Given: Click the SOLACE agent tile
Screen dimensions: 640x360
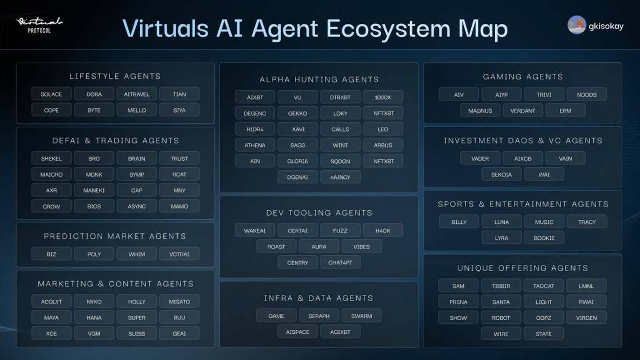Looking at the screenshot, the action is [52, 94].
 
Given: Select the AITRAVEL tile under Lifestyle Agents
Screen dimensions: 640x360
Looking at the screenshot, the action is [137, 94].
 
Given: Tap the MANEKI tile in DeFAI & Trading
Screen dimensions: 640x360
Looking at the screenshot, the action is [94, 190].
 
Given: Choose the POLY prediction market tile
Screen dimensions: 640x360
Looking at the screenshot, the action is [94, 254].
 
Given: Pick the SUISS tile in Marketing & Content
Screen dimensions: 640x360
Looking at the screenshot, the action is [137, 333].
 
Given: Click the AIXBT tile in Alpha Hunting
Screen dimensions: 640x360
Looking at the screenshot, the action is [255, 97].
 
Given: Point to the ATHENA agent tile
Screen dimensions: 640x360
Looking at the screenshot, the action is [255, 145].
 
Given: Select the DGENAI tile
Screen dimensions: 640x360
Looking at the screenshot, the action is [298, 177].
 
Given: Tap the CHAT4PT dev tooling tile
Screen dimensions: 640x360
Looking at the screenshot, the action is [341, 262].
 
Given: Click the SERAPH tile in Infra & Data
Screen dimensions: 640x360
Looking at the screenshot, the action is [319, 316].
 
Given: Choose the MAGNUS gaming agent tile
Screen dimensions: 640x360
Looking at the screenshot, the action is [480, 111].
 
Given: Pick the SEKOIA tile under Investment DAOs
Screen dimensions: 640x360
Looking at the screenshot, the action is [501, 174].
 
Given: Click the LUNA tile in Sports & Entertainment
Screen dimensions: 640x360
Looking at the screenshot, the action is [502, 222].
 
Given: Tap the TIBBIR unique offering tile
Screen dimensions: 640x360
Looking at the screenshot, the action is [501, 286].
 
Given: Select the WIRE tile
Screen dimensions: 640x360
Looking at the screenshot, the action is [501, 333].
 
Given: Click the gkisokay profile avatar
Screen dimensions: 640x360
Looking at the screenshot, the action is [577, 25].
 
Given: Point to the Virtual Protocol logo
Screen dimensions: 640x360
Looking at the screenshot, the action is [39, 25].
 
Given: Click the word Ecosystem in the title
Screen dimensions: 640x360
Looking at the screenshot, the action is [388, 28].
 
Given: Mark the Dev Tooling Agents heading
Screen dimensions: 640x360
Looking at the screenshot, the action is [319, 213].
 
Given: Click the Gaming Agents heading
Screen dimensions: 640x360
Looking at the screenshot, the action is [523, 77].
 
